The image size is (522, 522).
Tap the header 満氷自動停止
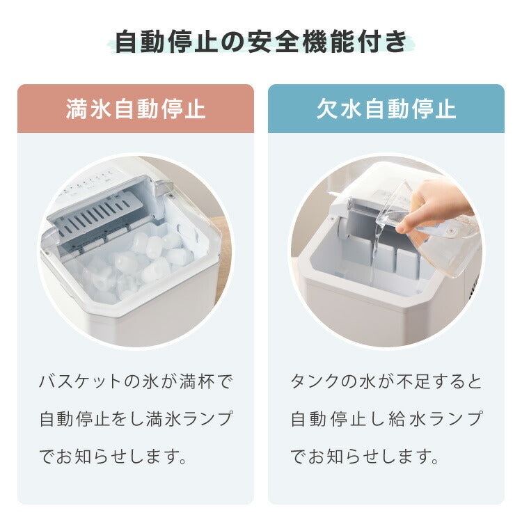136,109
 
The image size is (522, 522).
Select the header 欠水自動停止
386,109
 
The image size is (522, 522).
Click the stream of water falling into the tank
373,258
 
